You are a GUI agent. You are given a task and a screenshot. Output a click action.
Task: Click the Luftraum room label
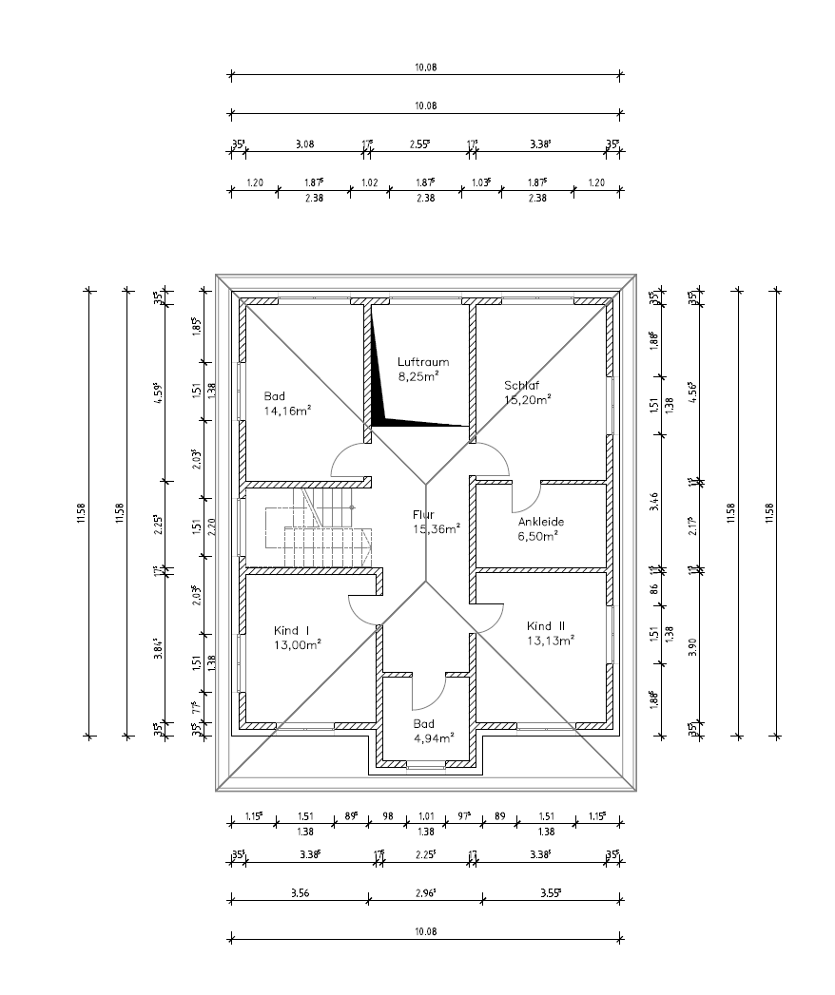pyautogui.click(x=422, y=362)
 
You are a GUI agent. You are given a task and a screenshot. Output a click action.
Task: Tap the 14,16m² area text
pyautogui.click(x=288, y=411)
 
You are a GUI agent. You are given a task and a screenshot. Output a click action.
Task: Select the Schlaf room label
pyautogui.click(x=522, y=385)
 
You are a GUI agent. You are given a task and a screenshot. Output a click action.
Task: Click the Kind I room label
pyautogui.click(x=292, y=630)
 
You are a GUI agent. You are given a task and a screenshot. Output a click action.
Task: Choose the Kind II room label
pyautogui.click(x=546, y=625)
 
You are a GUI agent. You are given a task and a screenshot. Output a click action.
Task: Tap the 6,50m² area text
pyautogui.click(x=537, y=535)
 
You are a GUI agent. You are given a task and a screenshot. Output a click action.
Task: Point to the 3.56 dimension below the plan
pyautogui.click(x=299, y=891)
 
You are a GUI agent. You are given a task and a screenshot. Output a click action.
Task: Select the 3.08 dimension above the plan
pyautogui.click(x=304, y=144)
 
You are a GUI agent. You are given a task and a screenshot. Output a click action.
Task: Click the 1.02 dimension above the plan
pyautogui.click(x=369, y=182)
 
